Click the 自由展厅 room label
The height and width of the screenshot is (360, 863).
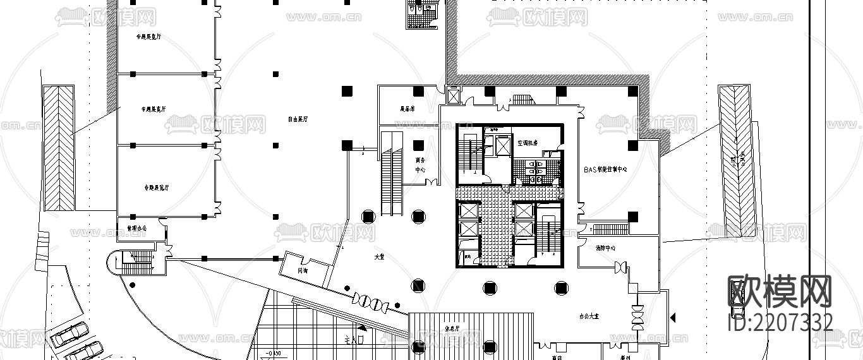tap(298, 119)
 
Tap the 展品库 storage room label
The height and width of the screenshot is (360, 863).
tap(407, 109)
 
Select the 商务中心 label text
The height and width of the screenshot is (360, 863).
tap(420, 165)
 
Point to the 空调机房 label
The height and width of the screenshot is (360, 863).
tap(527, 144)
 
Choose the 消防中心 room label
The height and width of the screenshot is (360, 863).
tap(605, 248)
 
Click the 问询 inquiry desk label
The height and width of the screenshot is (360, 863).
tap(303, 270)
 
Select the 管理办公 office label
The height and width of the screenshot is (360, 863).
tap(136, 227)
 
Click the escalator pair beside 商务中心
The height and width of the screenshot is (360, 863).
tap(392, 174)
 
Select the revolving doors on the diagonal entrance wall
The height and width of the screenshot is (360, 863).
tap(370, 301)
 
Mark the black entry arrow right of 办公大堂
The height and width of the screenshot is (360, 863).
tap(672, 316)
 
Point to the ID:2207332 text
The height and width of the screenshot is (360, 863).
tap(781, 323)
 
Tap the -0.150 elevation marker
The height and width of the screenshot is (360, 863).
tap(274, 352)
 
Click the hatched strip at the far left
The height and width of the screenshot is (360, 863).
tap(58, 148)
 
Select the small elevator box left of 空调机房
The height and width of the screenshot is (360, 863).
tap(503, 145)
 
